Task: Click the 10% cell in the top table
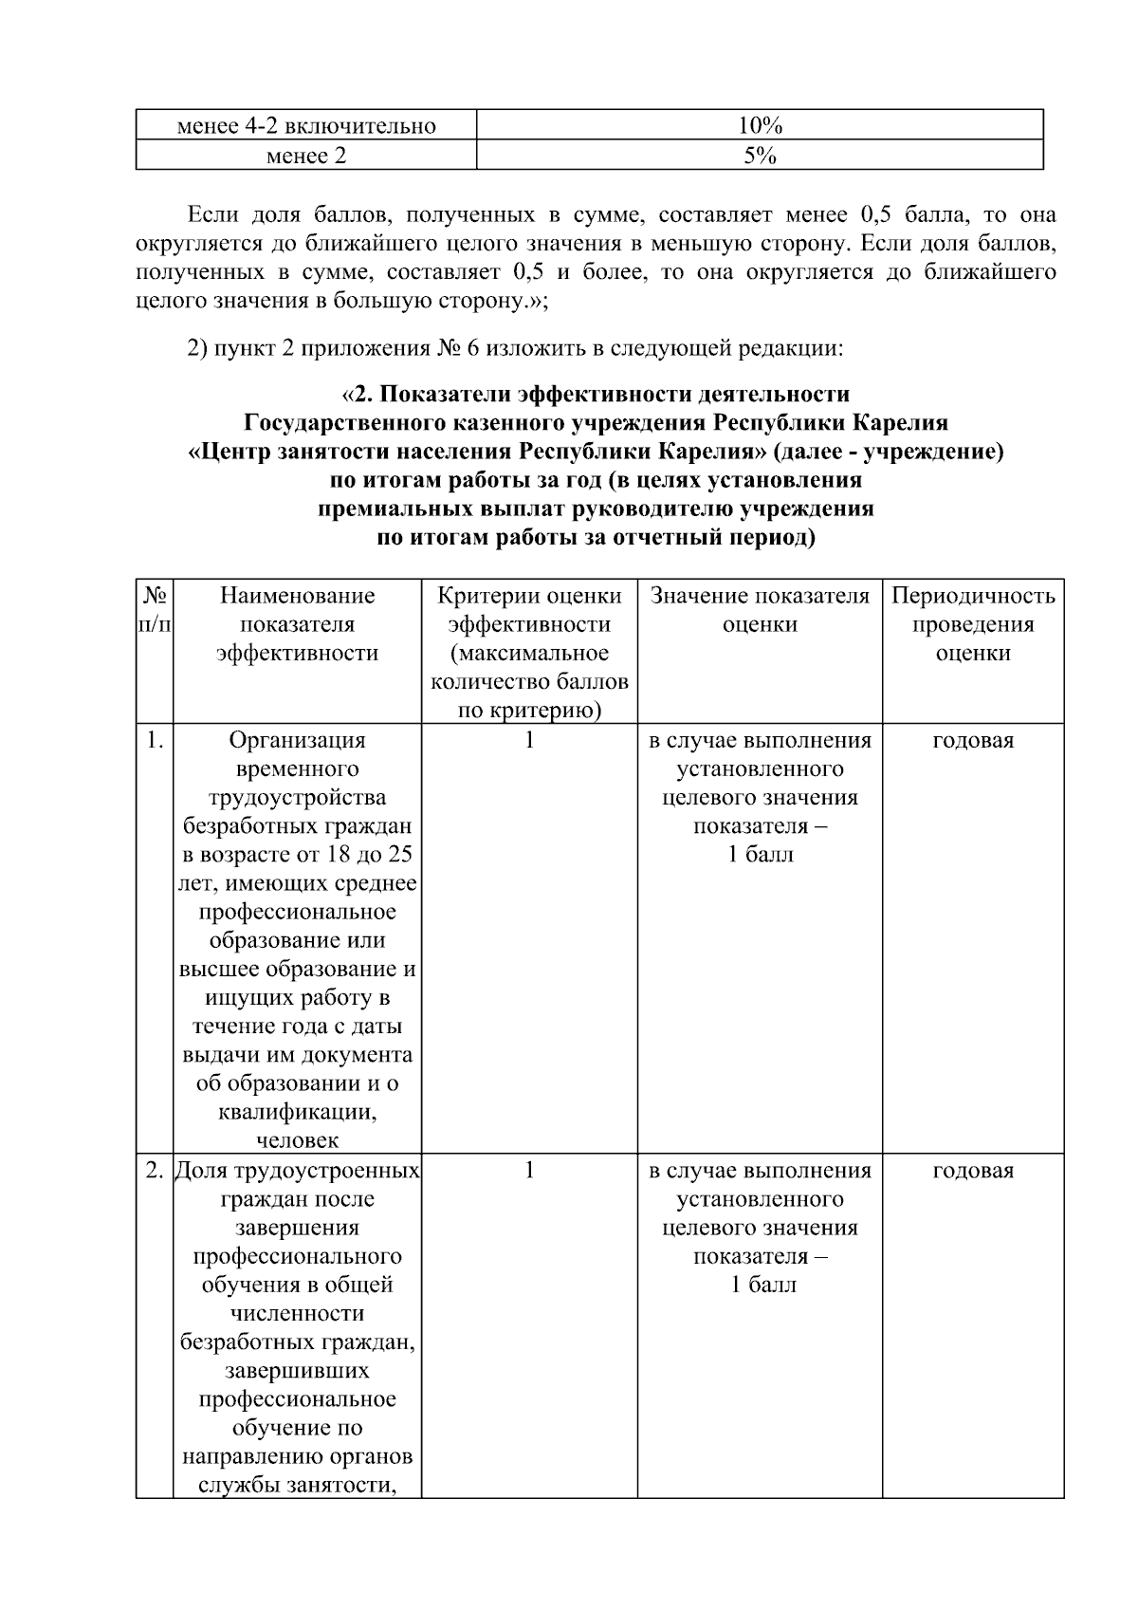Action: coord(759,126)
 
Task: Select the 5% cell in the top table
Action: coord(759,156)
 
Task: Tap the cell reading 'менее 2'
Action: coord(305,156)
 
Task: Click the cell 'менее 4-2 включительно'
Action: coord(305,126)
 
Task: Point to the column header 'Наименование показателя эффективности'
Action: coord(297,624)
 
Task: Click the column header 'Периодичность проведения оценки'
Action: coord(973,624)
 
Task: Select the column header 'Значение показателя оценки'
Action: coord(760,610)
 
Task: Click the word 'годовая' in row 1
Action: coord(973,740)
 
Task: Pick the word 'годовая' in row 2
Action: coord(973,1171)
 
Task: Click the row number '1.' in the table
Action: coord(155,740)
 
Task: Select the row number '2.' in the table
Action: coord(155,1171)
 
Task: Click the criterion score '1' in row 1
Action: coord(529,740)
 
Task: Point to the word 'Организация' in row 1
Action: coord(297,740)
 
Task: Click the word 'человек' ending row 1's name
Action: coord(297,1140)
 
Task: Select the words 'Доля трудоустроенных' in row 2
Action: coord(298,1171)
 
